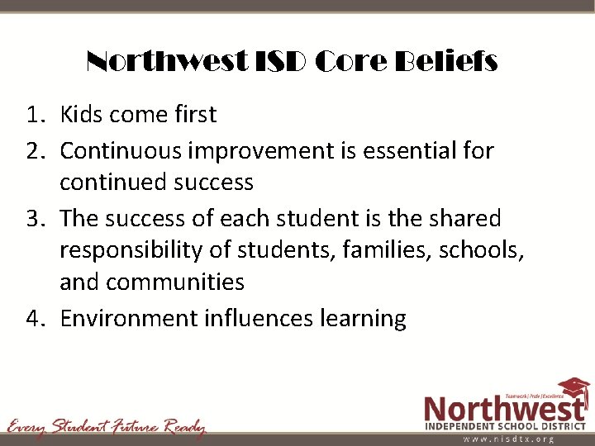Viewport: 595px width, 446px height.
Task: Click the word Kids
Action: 83,114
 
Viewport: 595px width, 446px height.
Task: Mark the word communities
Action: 175,282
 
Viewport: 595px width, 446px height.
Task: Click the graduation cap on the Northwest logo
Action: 572,388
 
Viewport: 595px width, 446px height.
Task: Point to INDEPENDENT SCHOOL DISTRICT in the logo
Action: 505,425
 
